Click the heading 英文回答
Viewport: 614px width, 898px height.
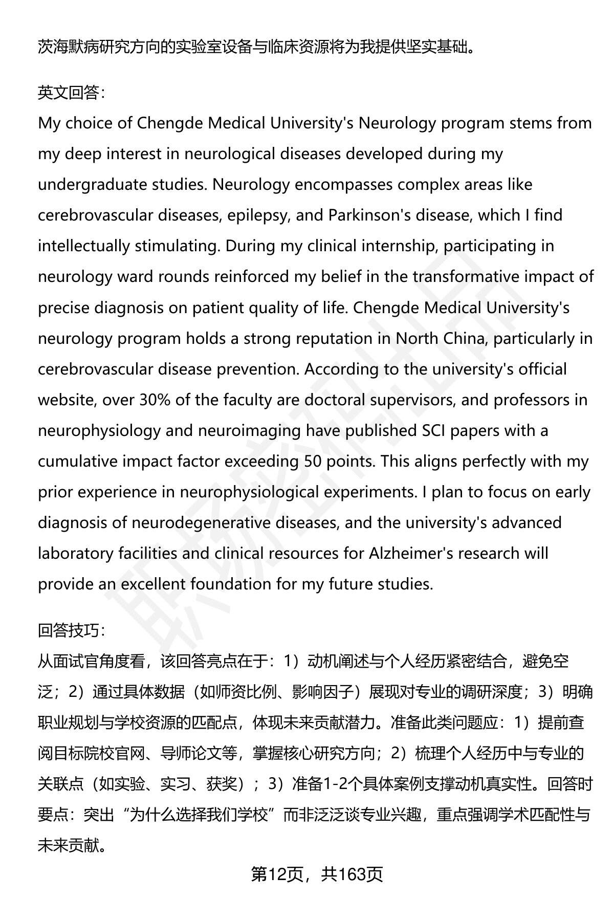(x=71, y=93)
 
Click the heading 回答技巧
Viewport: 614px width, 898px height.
(x=71, y=630)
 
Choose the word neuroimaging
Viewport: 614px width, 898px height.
(x=249, y=430)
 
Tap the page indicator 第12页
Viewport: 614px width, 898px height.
(x=278, y=874)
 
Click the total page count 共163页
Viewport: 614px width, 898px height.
(x=352, y=874)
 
